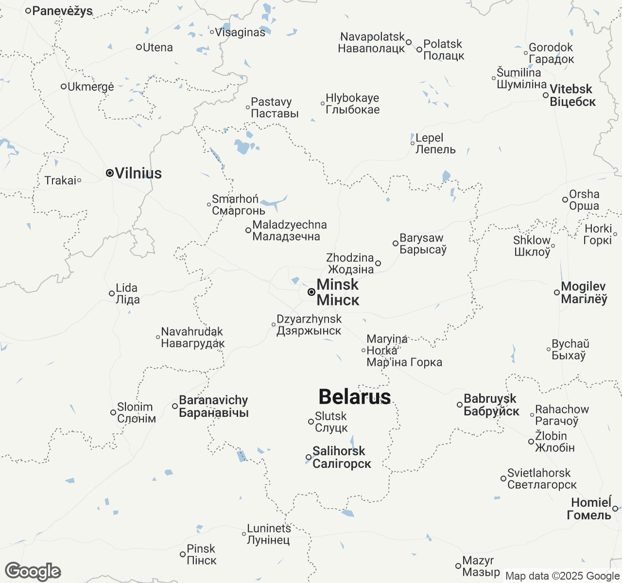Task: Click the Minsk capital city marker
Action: click(311, 292)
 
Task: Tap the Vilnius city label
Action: click(138, 173)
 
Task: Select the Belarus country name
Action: click(355, 397)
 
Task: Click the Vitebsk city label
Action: click(572, 95)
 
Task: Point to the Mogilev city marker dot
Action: click(557, 292)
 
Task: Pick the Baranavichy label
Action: click(214, 406)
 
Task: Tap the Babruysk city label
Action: click(491, 405)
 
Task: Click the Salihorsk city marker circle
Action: click(309, 457)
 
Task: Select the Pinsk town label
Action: click(201, 554)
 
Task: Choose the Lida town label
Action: click(127, 293)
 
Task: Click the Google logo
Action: click(33, 571)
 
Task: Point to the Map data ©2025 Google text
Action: click(562, 576)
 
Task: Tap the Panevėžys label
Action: click(62, 11)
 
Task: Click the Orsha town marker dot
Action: click(565, 200)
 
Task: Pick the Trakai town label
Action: click(60, 181)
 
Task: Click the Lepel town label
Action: click(435, 143)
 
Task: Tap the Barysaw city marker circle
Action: click(396, 243)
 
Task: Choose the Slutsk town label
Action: click(331, 422)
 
